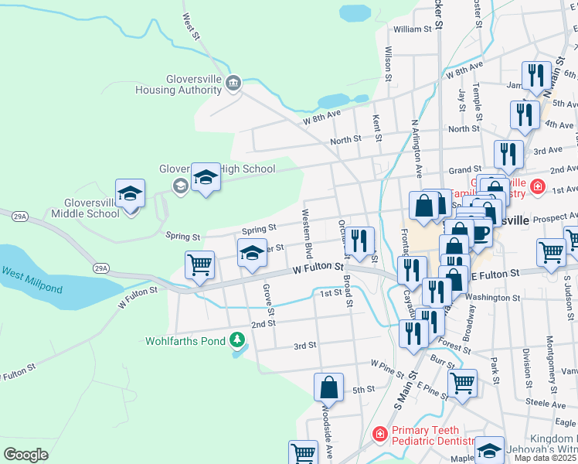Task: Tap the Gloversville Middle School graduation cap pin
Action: coord(131,196)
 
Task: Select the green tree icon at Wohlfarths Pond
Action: coord(238,340)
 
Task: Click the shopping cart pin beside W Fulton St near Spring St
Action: coord(199,266)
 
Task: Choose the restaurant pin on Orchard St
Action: coord(359,241)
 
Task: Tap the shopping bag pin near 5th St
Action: coord(329,388)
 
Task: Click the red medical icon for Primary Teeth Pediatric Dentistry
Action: coord(379,435)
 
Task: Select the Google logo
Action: coord(26,455)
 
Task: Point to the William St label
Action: coord(412,29)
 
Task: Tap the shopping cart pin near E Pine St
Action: coord(462,383)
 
